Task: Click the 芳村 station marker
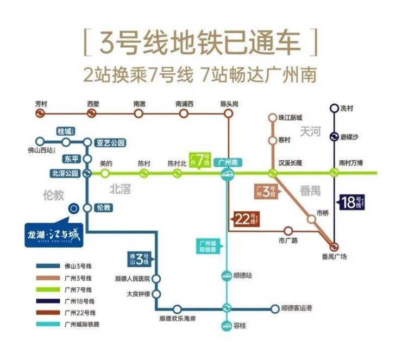point(39,113)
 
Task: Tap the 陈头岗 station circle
point(229,113)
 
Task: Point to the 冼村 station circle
point(334,108)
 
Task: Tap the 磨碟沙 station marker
point(334,136)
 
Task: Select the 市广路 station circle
point(288,231)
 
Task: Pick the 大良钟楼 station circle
point(156,293)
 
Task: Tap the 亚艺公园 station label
point(111,143)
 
